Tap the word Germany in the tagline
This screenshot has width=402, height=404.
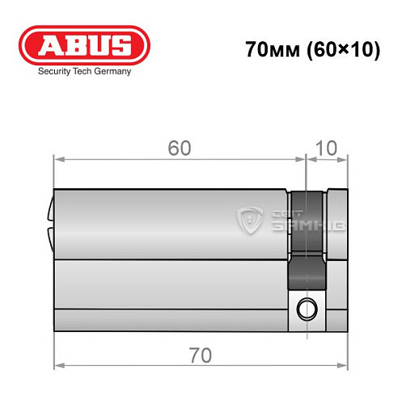(x=109, y=71)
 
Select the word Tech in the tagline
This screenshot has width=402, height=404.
(x=83, y=71)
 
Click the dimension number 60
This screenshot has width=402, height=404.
(x=180, y=149)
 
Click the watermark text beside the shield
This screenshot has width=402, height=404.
(x=294, y=219)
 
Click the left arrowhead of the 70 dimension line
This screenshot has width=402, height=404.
(x=57, y=339)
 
